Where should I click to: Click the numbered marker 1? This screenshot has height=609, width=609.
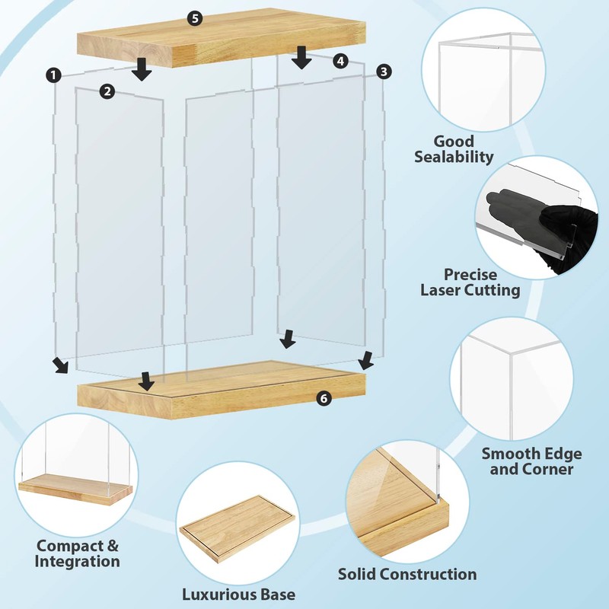tap(53, 75)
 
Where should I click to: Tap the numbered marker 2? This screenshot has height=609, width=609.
tap(107, 91)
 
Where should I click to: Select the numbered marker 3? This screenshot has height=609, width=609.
tap(384, 72)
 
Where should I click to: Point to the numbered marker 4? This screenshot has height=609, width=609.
tap(340, 59)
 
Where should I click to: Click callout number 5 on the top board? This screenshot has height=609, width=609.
tap(196, 19)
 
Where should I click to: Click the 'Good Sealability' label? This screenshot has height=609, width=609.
tap(454, 149)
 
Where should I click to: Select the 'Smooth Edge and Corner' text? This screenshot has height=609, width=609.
tap(531, 461)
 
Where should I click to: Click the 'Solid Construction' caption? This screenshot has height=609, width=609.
tap(407, 574)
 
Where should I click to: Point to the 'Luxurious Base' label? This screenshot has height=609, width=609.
tap(238, 594)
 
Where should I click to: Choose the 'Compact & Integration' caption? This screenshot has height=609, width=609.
tap(77, 553)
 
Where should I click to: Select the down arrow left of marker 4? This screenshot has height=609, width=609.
tap(301, 56)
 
